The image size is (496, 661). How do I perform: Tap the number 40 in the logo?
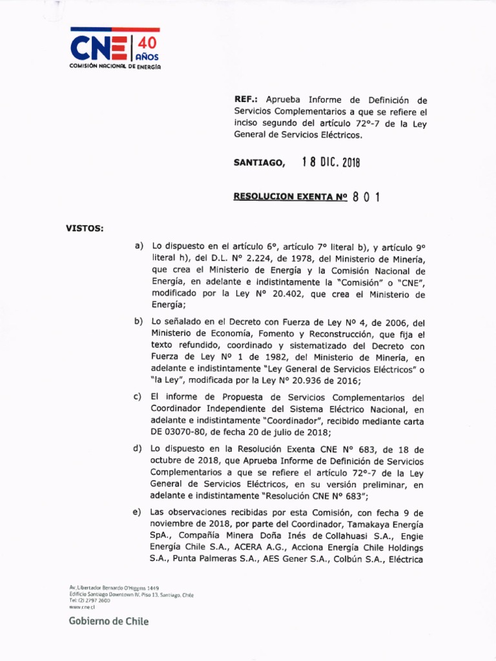(147, 44)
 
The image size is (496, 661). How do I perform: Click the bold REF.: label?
(246, 101)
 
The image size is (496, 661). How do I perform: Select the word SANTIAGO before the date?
(258, 163)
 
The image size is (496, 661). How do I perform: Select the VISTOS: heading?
(84, 228)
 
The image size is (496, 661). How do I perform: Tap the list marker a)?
(138, 246)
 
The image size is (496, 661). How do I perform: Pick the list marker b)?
(138, 322)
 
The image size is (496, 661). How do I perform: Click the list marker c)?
(138, 397)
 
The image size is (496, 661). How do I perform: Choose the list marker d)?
(138, 449)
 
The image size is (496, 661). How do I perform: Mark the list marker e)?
(138, 512)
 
